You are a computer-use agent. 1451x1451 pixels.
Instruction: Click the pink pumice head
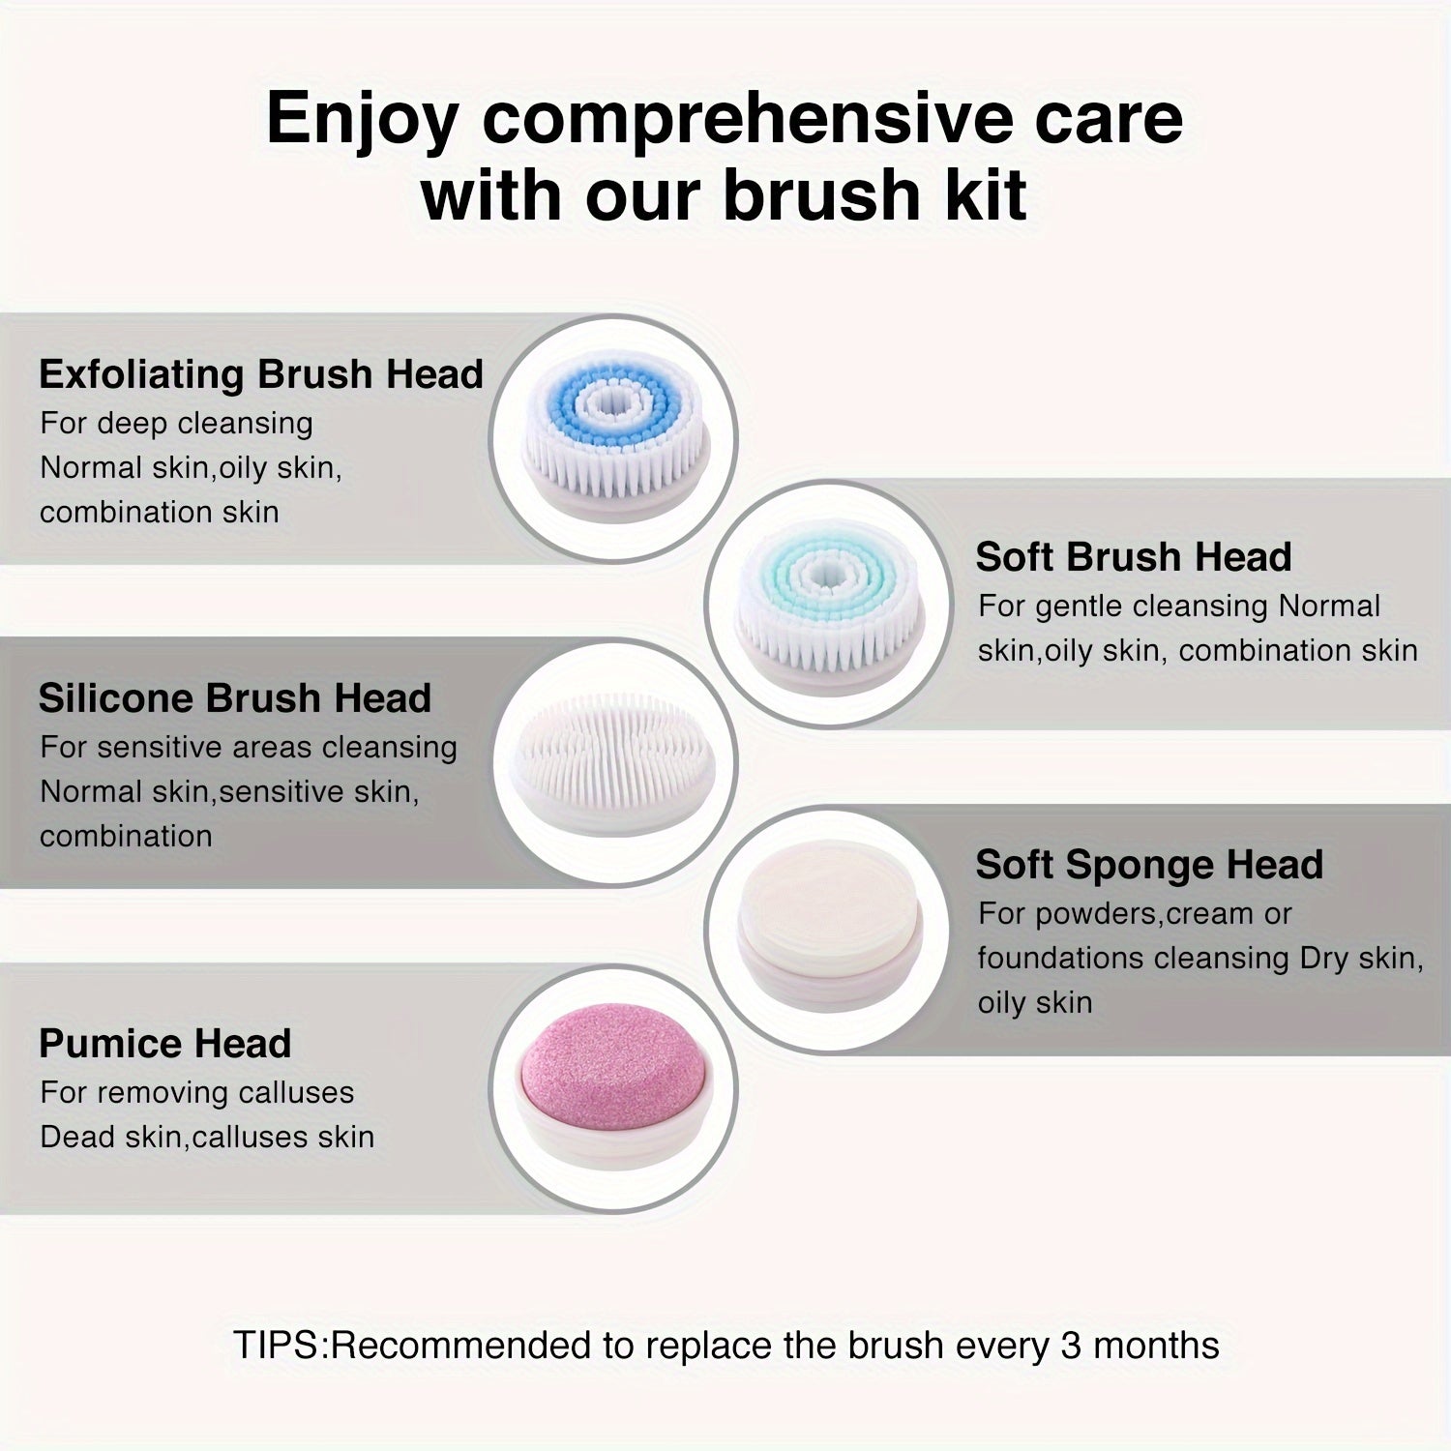(615, 1088)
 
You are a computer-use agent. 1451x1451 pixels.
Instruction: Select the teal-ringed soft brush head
(829, 601)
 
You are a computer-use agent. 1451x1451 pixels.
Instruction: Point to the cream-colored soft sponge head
(829, 930)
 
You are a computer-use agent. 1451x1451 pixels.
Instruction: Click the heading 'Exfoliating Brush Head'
(261, 374)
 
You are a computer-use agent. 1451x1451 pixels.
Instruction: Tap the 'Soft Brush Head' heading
(1134, 557)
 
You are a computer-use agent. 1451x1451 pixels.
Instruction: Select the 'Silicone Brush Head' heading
(235, 698)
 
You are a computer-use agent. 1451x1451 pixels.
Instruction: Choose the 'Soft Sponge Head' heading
(1149, 865)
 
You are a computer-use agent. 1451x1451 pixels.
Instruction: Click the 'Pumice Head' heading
(165, 1044)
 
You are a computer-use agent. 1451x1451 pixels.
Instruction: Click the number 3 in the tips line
(1071, 1346)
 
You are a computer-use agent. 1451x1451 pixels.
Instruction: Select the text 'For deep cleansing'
(177, 424)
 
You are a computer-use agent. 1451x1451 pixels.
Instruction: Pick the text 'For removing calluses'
(197, 1093)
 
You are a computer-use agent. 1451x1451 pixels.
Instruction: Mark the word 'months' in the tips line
(1155, 1346)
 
